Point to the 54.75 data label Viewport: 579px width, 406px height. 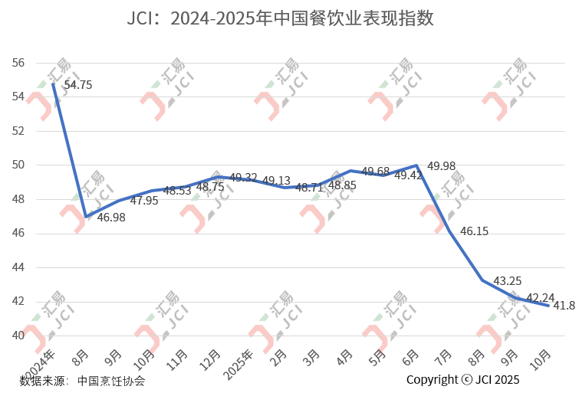point(77,85)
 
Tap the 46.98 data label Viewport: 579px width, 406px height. point(111,218)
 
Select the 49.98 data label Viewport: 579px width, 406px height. point(441,166)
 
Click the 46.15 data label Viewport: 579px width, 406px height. point(474,231)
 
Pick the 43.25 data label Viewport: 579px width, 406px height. point(507,281)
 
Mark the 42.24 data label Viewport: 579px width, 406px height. point(540,298)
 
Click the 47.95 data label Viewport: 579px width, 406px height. point(144,201)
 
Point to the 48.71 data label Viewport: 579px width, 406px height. point(309,187)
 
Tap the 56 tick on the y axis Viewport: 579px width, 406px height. point(19,63)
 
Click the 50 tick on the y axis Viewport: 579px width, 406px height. point(19,165)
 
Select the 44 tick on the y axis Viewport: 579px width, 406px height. point(19,267)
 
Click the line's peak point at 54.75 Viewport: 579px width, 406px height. point(53,83)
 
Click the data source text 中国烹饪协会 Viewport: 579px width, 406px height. point(111,380)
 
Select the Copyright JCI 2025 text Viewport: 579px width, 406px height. point(462,380)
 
